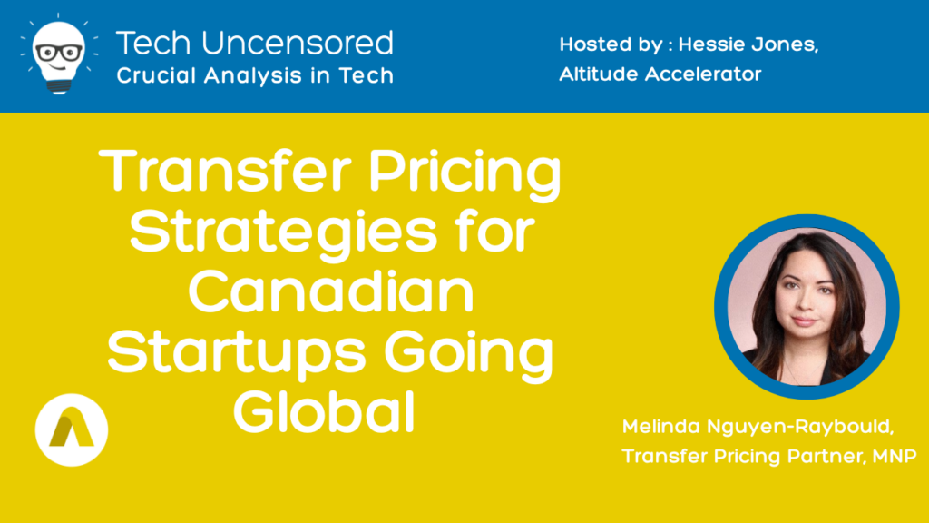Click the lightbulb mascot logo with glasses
59,54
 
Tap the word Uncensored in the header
298,44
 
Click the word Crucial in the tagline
156,75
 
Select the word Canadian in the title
331,291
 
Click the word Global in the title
324,411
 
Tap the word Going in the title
469,355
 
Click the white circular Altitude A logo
72,429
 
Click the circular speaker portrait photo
807,307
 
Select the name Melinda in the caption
660,427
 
